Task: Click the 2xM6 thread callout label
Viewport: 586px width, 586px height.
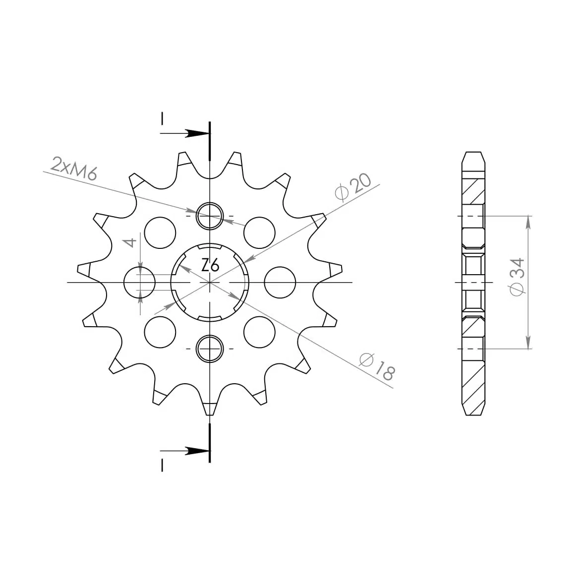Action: [x=74, y=169]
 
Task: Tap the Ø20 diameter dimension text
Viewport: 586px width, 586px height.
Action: [x=353, y=187]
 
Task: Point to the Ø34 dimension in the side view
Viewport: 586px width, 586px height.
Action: [x=518, y=277]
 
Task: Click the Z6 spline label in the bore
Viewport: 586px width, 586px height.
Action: [x=210, y=265]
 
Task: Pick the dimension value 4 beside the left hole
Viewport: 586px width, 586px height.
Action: [x=130, y=242]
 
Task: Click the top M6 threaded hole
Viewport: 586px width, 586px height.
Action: [x=210, y=216]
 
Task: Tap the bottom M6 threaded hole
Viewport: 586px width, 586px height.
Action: [x=210, y=349]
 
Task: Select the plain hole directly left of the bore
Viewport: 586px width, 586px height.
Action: [x=139, y=283]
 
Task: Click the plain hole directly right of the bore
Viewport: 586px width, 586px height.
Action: [x=280, y=283]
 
